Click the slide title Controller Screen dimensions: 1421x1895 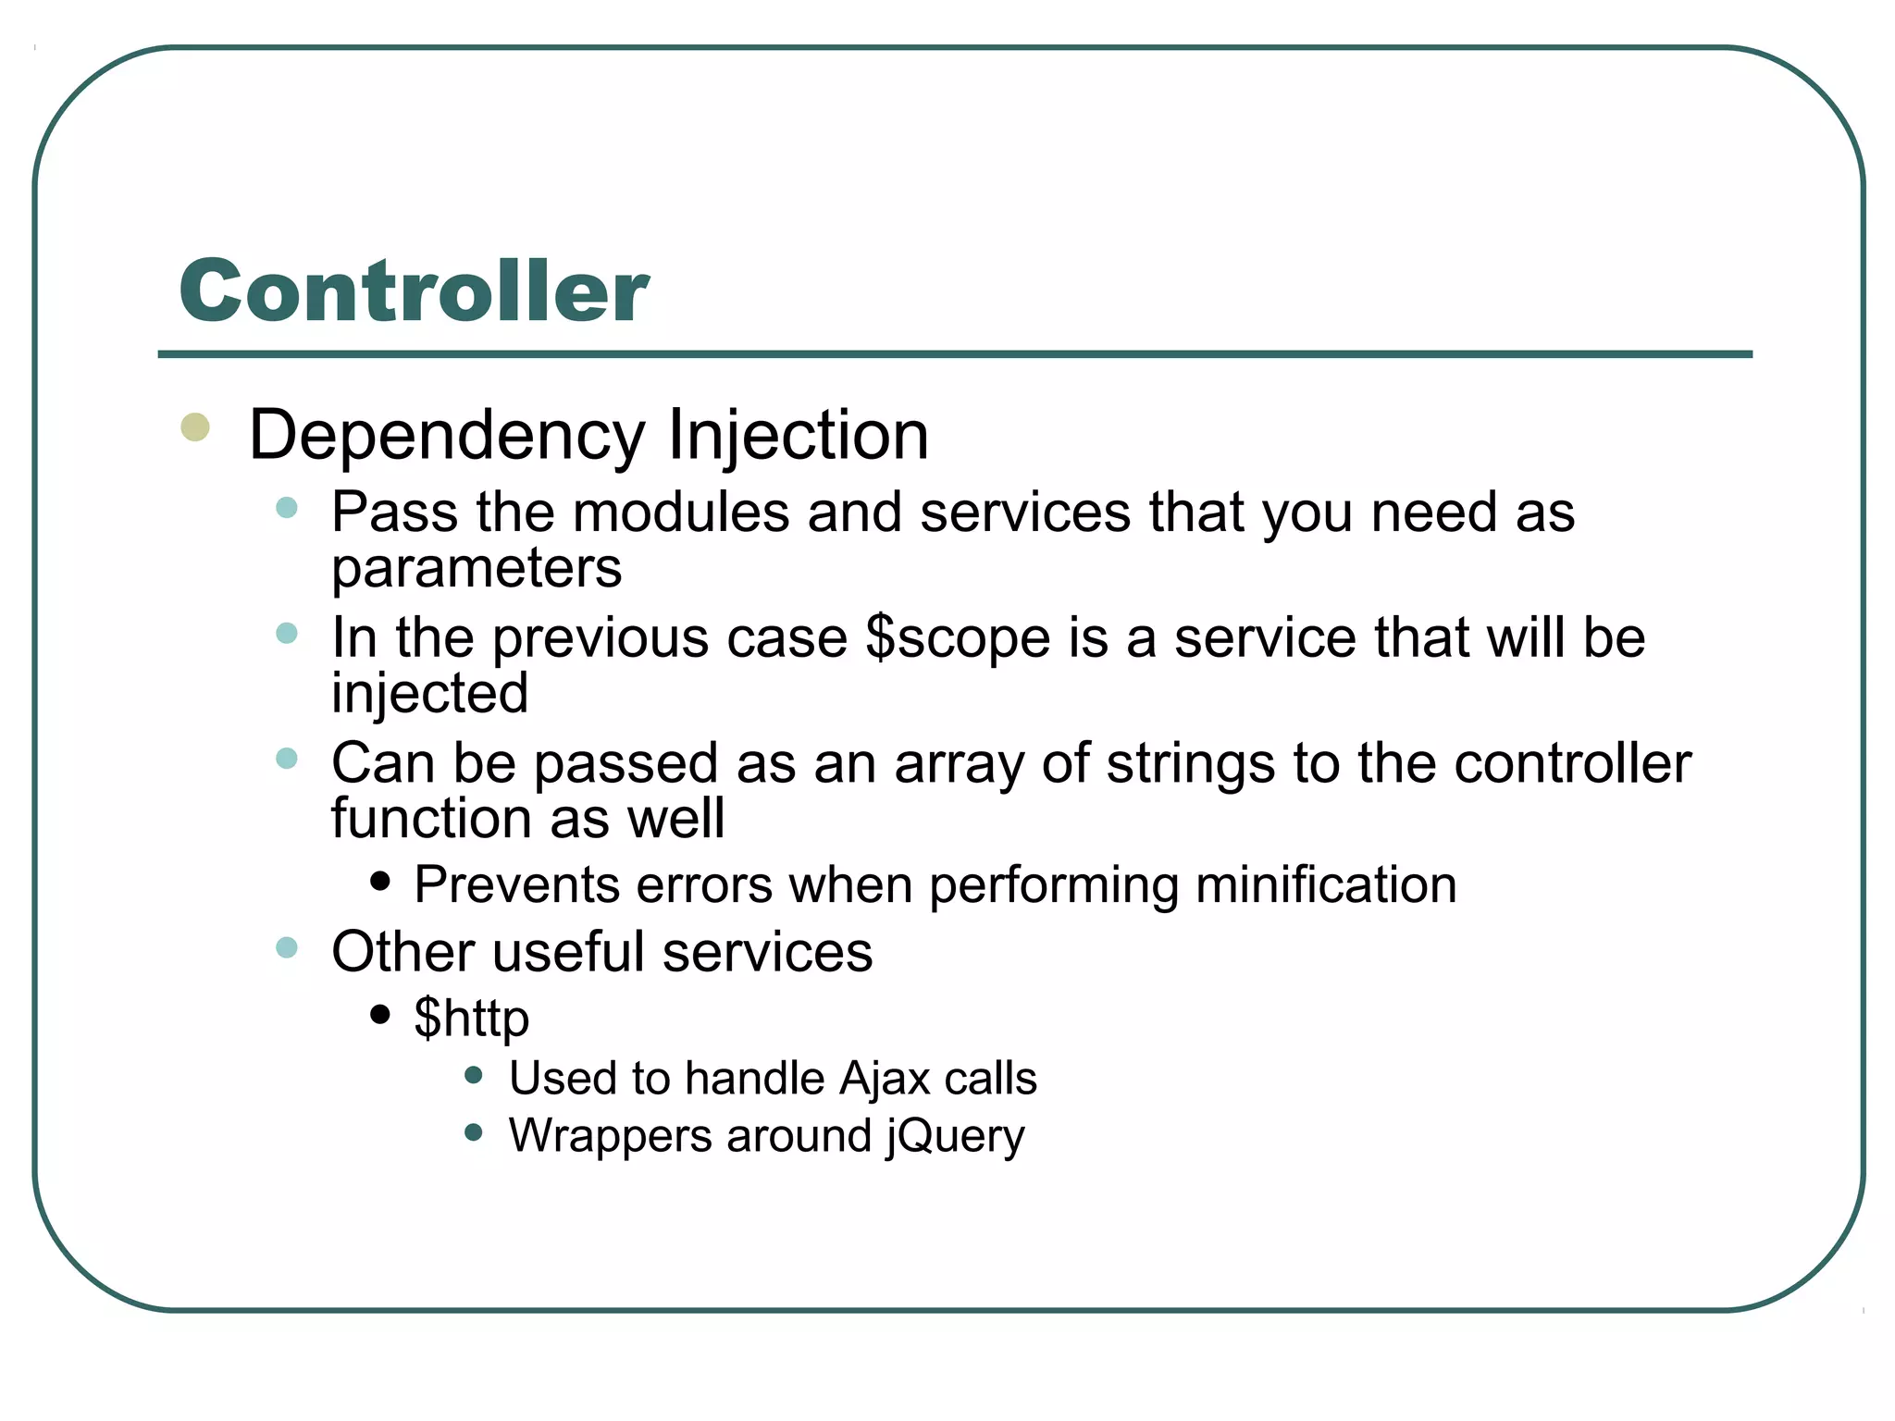point(414,290)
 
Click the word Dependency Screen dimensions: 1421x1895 point(447,436)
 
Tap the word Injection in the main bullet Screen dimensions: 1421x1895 point(797,436)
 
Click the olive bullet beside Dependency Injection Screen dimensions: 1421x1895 point(195,427)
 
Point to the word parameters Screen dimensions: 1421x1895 point(477,568)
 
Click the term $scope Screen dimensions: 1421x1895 point(958,638)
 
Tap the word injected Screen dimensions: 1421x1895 point(430,693)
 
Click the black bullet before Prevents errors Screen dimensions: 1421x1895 point(379,881)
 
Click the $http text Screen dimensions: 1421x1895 point(471,1018)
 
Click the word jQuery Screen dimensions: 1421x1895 point(955,1136)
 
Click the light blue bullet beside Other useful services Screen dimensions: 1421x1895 point(287,947)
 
